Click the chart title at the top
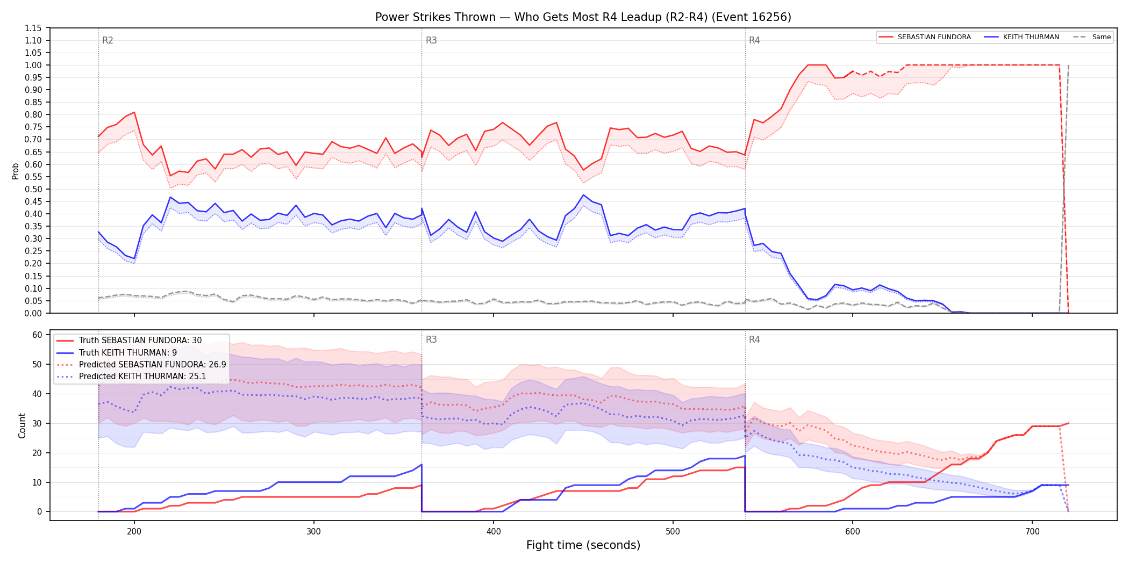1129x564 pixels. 583,17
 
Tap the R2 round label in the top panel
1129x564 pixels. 108,40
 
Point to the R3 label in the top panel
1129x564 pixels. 431,40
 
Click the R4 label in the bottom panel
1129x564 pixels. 754,339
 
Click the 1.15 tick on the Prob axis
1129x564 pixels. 33,28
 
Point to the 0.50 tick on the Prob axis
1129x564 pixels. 33,189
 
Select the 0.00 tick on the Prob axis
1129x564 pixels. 33,313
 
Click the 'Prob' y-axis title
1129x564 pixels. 16,171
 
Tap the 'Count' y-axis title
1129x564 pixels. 22,425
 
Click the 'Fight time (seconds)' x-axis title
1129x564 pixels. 583,545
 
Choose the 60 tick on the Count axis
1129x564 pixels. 37,335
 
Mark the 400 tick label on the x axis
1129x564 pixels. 493,531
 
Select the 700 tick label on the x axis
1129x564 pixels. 1032,531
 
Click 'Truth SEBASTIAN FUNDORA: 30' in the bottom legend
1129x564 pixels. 140,341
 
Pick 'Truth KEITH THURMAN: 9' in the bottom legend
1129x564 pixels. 128,352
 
